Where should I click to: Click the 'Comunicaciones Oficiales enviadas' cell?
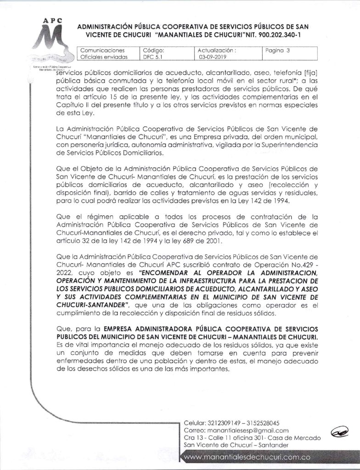pyautogui.click(x=102, y=54)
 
